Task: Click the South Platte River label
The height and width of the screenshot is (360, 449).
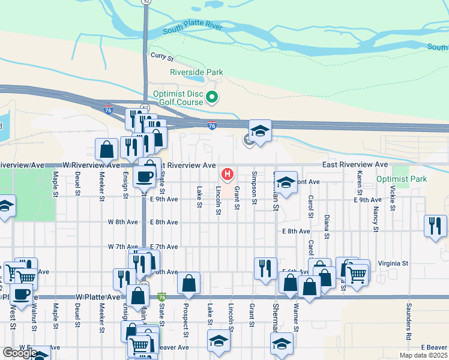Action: [193, 28]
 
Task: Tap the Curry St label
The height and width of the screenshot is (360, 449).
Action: [161, 58]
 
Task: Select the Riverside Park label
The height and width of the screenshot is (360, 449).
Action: [196, 72]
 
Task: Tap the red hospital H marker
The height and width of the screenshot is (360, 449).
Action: [228, 175]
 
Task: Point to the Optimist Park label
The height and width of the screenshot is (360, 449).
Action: [401, 179]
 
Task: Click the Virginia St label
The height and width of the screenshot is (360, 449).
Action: [393, 263]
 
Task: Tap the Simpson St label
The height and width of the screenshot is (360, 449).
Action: [255, 188]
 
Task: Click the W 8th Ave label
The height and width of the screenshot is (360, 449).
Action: [123, 222]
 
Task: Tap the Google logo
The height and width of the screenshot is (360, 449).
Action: [20, 353]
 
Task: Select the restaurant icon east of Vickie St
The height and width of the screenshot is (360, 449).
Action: [435, 226]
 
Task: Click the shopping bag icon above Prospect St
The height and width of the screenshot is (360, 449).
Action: [188, 283]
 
